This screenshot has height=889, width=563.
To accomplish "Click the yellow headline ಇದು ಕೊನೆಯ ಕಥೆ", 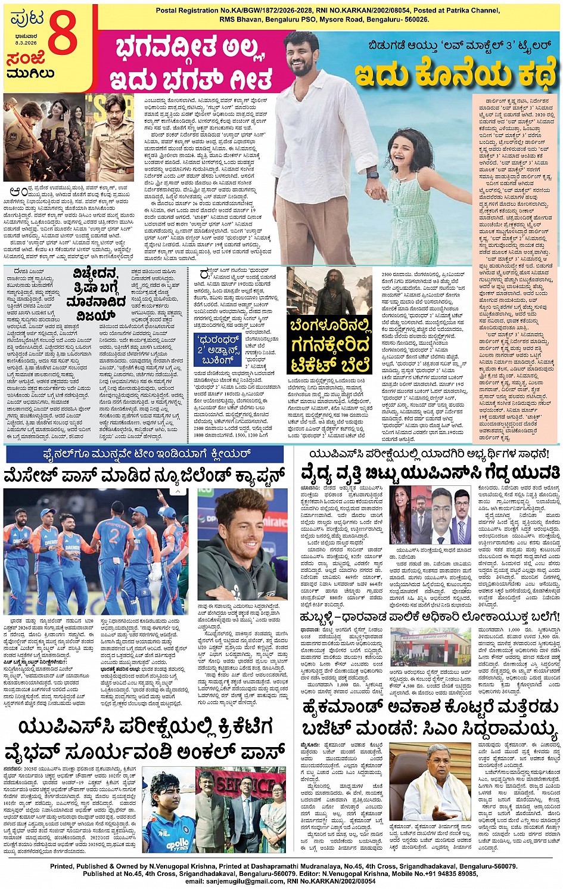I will [456, 74].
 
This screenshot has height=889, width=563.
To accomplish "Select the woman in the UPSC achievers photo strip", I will [401, 504].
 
